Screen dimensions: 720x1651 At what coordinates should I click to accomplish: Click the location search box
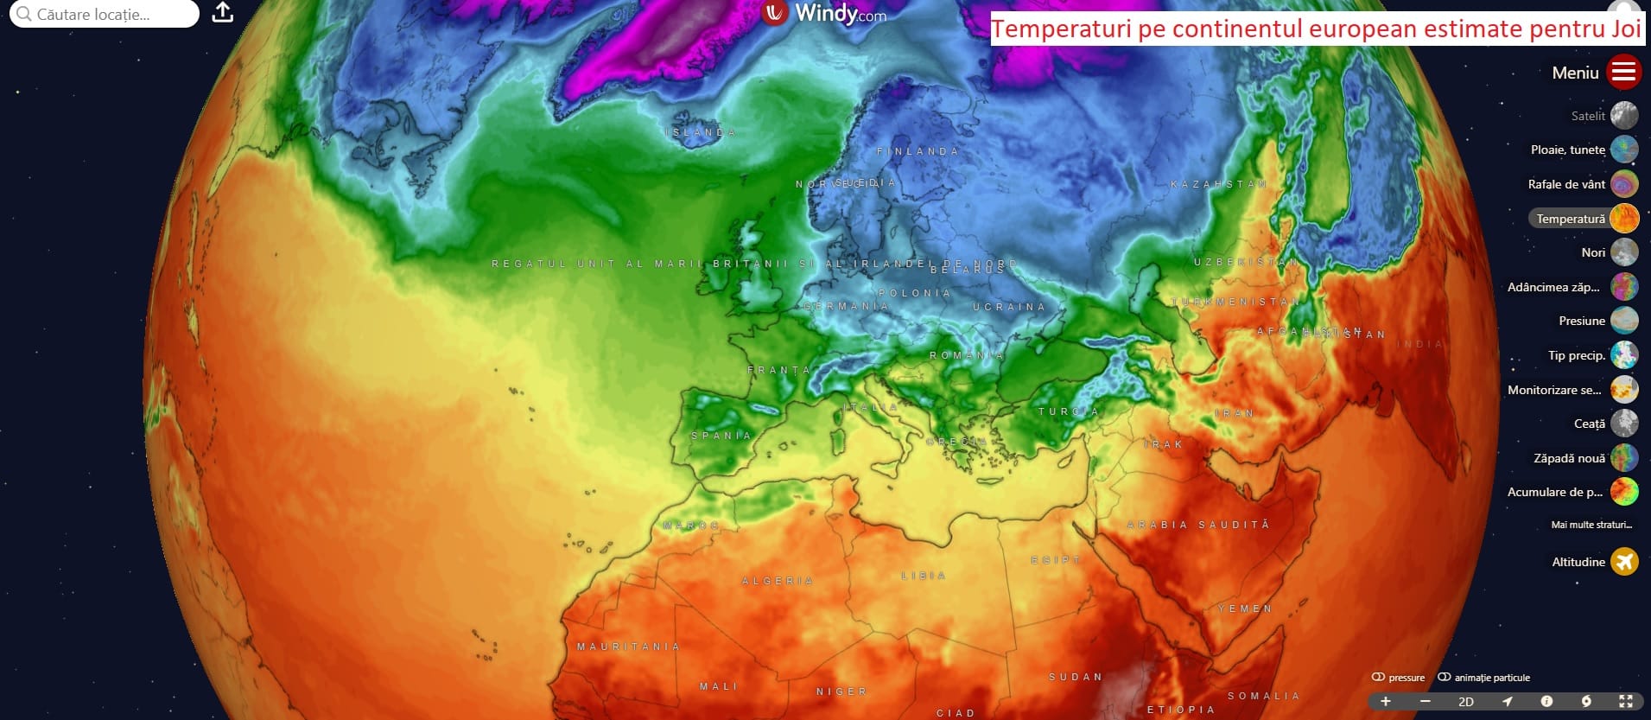pyautogui.click(x=104, y=14)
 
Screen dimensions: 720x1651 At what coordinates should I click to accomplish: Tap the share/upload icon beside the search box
pyautogui.click(x=223, y=13)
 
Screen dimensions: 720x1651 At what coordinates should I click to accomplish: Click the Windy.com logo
pyautogui.click(x=825, y=13)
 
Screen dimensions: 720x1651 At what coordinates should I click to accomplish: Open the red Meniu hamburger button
pyautogui.click(x=1623, y=72)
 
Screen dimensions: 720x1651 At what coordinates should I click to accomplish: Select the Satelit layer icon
pyautogui.click(x=1624, y=115)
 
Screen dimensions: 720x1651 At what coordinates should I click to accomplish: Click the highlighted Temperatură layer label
pyautogui.click(x=1570, y=219)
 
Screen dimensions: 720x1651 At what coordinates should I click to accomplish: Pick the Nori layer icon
pyautogui.click(x=1624, y=252)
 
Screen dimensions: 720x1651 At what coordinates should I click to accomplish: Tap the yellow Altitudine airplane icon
pyautogui.click(x=1624, y=562)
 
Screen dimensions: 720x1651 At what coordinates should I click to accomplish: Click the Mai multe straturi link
pyautogui.click(x=1591, y=525)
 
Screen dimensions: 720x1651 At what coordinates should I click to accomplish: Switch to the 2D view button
pyautogui.click(x=1466, y=702)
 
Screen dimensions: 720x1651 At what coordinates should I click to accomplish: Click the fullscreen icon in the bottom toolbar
pyautogui.click(x=1625, y=701)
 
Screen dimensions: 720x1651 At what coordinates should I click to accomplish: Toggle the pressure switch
pyautogui.click(x=1379, y=678)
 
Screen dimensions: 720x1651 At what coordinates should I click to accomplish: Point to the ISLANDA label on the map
pyautogui.click(x=702, y=133)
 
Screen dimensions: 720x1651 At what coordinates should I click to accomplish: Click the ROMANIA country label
pyautogui.click(x=967, y=355)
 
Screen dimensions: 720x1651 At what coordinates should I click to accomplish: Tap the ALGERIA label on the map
pyautogui.click(x=778, y=581)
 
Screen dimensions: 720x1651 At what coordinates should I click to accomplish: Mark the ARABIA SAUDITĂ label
pyautogui.click(x=1198, y=525)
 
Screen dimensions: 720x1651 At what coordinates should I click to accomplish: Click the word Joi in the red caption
pyautogui.click(x=1625, y=29)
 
